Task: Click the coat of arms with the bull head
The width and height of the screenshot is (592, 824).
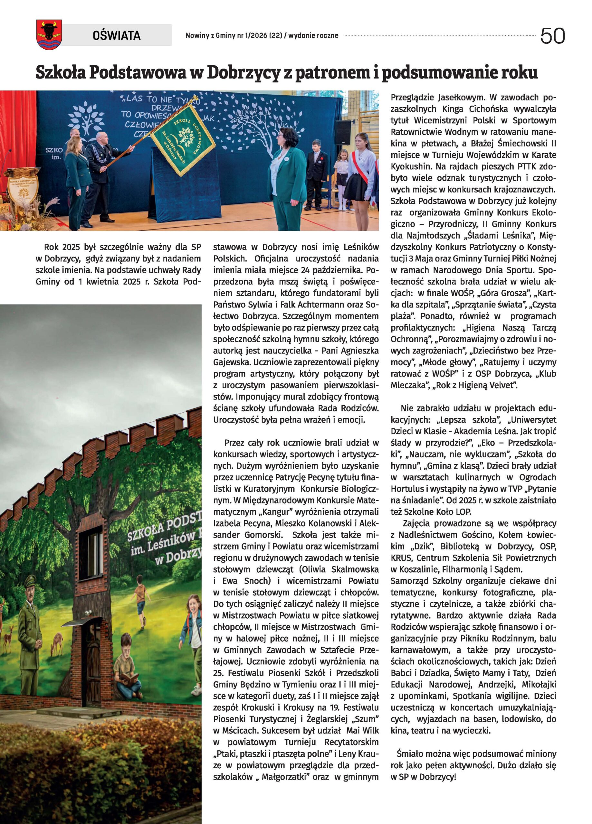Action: pos(49,34)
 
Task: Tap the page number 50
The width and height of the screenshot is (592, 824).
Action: pos(552,36)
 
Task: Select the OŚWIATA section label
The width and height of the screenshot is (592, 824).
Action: pos(116,35)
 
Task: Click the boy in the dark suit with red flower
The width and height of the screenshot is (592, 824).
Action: pos(315,173)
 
